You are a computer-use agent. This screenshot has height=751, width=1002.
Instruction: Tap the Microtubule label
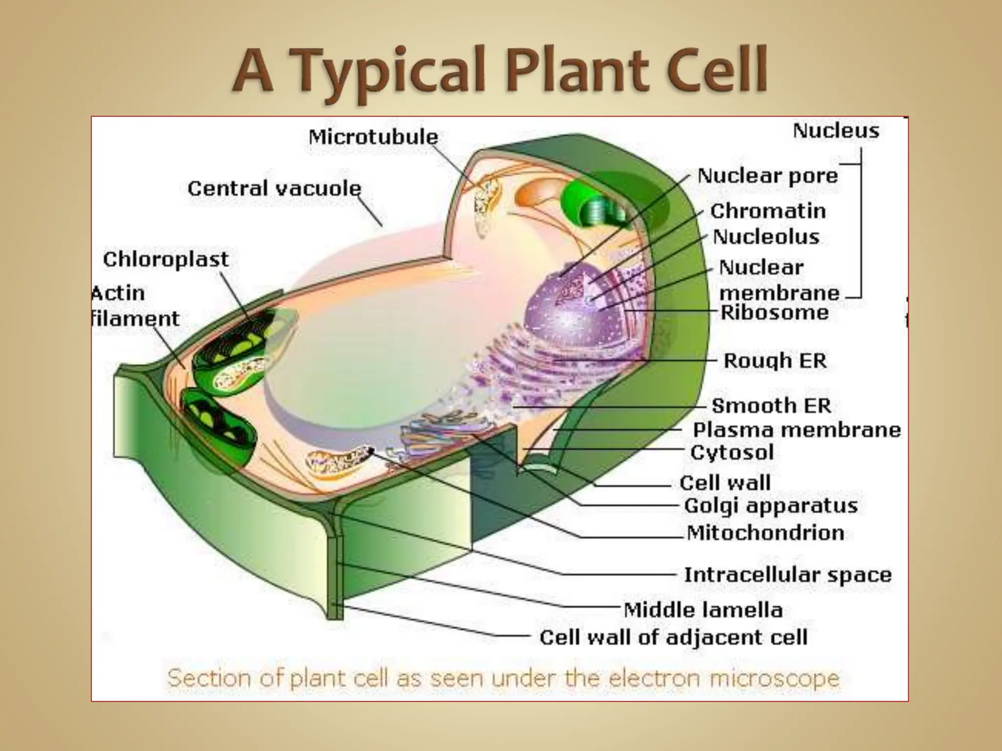coord(373,137)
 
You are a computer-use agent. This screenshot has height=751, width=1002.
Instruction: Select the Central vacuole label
coord(274,188)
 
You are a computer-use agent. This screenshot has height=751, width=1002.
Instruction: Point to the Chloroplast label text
coord(165,259)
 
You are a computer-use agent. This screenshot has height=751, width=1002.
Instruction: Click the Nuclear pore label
coord(767,176)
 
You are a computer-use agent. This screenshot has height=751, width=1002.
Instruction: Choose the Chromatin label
coord(768,211)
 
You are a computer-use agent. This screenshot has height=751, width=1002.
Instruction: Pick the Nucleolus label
coord(766,237)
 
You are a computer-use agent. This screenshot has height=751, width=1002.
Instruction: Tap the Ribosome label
coord(774,312)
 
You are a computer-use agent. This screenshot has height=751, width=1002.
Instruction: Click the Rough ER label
coord(775,361)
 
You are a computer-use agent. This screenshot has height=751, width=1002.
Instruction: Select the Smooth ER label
coord(771,405)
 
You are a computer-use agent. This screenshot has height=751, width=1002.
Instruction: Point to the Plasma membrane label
coord(797,430)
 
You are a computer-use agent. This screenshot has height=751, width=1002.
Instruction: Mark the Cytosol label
coord(732,452)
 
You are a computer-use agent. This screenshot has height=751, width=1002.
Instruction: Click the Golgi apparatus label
coord(771,506)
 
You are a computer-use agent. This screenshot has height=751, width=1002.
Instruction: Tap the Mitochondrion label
coord(765,532)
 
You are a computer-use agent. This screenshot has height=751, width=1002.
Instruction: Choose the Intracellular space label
coord(788,574)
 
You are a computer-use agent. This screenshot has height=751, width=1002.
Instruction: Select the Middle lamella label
coord(703,610)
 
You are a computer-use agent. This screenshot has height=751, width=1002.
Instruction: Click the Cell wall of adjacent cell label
coord(673,637)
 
